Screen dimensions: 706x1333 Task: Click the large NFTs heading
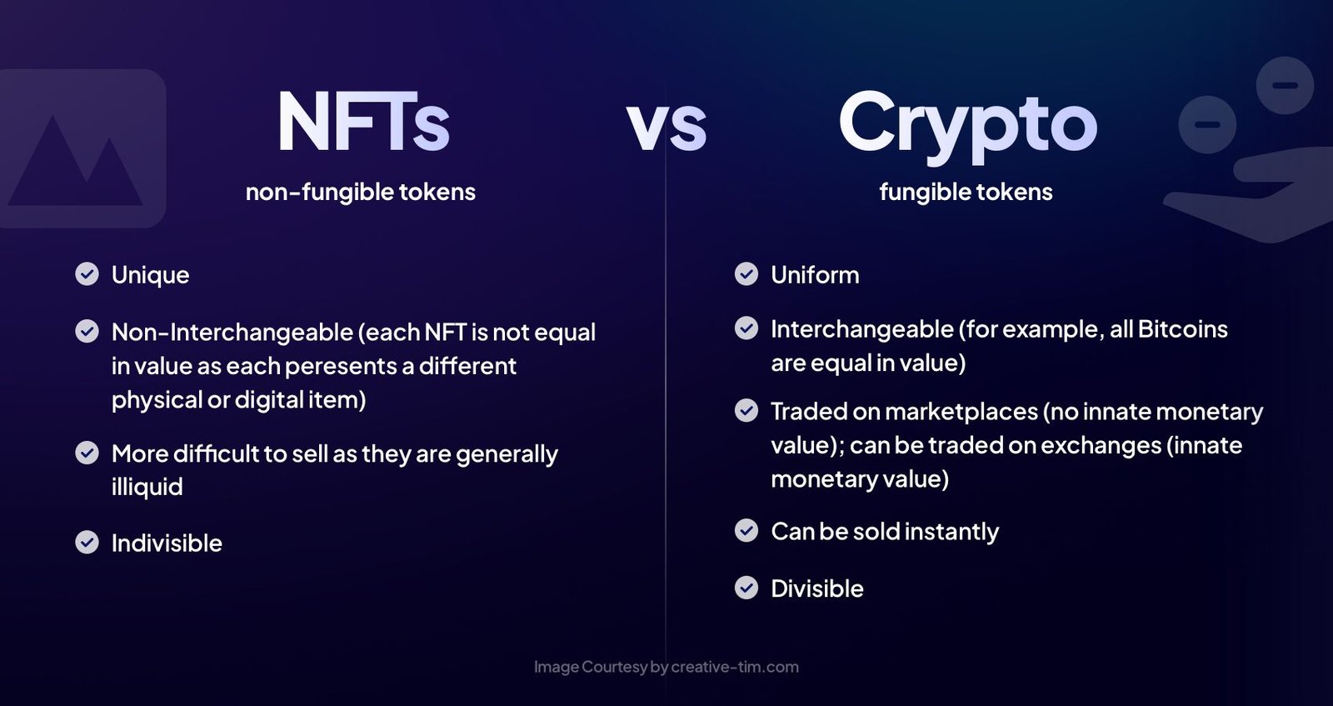[x=363, y=123]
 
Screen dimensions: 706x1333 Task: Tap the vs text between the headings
[x=666, y=127]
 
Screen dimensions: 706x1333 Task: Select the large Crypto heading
[x=967, y=125]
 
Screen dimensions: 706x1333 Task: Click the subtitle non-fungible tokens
[x=360, y=192]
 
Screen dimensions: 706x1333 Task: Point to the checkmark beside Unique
[x=87, y=273]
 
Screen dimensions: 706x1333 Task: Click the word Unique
[x=150, y=275]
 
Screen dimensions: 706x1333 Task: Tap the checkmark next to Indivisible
[x=87, y=542]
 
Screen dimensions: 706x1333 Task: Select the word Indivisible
[x=167, y=543]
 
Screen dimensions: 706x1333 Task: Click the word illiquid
[x=147, y=487]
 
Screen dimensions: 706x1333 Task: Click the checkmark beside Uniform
[x=746, y=273]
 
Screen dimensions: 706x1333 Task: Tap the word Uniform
[x=815, y=275]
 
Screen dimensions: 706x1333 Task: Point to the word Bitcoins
[x=1182, y=329]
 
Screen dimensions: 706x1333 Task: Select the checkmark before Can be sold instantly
[x=746, y=530]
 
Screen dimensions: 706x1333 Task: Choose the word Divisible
[x=816, y=588]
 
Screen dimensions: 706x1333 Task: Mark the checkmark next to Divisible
[x=746, y=588]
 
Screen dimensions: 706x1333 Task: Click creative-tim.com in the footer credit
[x=735, y=667]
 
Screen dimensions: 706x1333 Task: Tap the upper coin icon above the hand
[x=1285, y=85]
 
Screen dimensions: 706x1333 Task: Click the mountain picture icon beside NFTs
[x=79, y=150]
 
